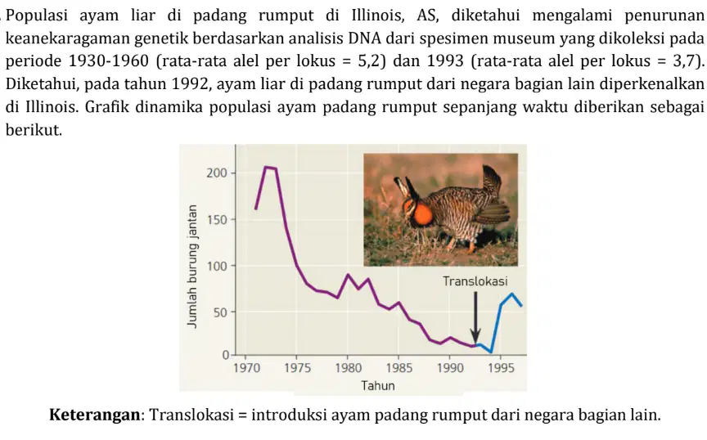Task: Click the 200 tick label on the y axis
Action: [x=217, y=173]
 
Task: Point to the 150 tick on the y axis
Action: [x=217, y=220]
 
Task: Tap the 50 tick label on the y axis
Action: [x=220, y=312]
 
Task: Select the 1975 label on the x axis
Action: [x=297, y=368]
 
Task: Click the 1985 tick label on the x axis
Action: [x=399, y=368]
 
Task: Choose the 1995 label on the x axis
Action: [x=501, y=368]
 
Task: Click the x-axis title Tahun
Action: [x=378, y=386]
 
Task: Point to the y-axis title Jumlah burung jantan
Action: [x=192, y=266]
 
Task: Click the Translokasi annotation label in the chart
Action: [x=475, y=281]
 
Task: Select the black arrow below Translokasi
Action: [x=475, y=318]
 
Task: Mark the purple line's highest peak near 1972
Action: [x=266, y=168]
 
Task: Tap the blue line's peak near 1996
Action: [x=511, y=294]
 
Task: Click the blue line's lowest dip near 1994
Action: [x=491, y=352]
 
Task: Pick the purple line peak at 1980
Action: [x=348, y=275]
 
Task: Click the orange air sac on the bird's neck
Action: [x=421, y=214]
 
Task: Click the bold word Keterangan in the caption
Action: [x=95, y=415]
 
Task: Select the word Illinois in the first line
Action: [x=380, y=16]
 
